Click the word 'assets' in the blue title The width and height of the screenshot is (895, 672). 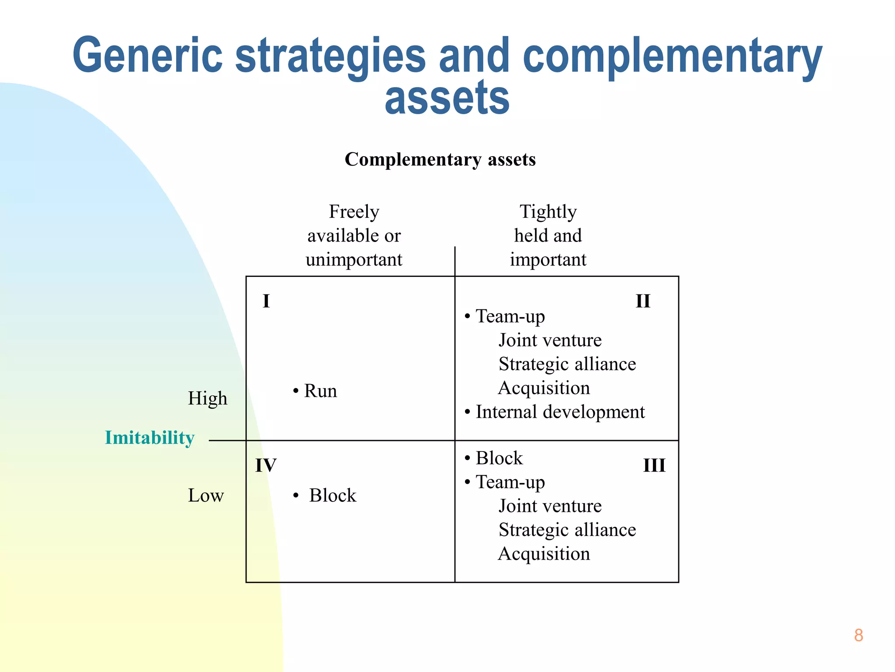pyautogui.click(x=447, y=98)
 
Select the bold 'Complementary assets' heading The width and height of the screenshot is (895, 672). pyautogui.click(x=440, y=160)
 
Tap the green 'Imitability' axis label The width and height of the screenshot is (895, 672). pyautogui.click(x=149, y=437)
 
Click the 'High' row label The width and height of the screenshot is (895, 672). pyautogui.click(x=208, y=399)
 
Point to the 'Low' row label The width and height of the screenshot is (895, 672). pyautogui.click(x=206, y=496)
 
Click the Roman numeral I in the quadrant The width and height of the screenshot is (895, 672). pyautogui.click(x=266, y=301)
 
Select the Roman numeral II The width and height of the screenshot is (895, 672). pyautogui.click(x=642, y=301)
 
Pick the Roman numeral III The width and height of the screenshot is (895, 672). pyautogui.click(x=654, y=465)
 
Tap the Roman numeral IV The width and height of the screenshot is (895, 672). pyautogui.click(x=266, y=465)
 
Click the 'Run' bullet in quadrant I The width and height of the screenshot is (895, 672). pyautogui.click(x=320, y=391)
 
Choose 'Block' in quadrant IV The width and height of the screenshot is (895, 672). pyautogui.click(x=332, y=496)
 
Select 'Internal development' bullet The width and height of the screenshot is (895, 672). pyautogui.click(x=560, y=412)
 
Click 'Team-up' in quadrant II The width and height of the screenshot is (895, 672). pyautogui.click(x=510, y=316)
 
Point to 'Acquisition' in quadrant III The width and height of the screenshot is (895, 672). pyautogui.click(x=544, y=554)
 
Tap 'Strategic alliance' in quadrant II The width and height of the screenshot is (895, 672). pyautogui.click(x=567, y=364)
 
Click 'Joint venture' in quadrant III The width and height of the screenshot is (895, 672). pyautogui.click(x=550, y=506)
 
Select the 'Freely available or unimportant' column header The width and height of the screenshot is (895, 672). pyautogui.click(x=354, y=236)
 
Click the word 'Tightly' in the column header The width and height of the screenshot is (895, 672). pyautogui.click(x=548, y=212)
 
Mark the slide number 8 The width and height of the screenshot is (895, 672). pyautogui.click(x=858, y=635)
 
